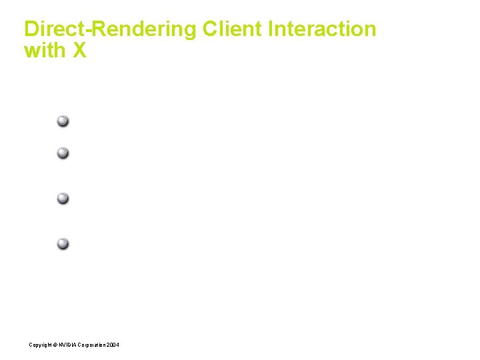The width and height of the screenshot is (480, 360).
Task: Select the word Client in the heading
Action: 233,29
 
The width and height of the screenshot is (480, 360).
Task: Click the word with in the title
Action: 44,51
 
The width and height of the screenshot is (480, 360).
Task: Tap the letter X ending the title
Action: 79,51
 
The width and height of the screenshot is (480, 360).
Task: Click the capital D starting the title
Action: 31,29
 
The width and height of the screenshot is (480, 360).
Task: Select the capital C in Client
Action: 210,29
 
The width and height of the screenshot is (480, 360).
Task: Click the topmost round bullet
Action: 62,121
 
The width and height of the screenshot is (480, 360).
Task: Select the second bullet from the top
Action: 62,153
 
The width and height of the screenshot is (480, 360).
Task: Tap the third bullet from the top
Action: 62,198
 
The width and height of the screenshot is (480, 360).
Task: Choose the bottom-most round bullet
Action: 62,243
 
